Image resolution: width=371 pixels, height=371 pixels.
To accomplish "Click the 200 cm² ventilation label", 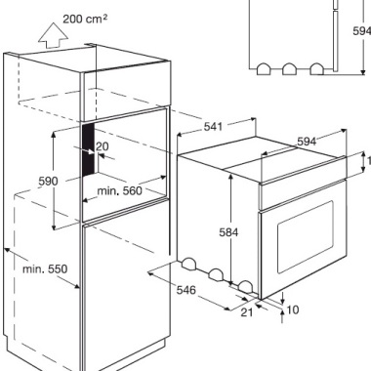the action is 85,19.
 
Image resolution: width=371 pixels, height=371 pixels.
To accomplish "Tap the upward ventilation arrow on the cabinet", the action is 53,35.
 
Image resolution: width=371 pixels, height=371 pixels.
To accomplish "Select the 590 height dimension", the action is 48,182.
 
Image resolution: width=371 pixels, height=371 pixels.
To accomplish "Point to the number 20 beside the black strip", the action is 103,146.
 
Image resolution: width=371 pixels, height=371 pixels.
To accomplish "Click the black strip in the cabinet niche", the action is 88,149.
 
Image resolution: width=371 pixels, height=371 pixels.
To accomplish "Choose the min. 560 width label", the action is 120,190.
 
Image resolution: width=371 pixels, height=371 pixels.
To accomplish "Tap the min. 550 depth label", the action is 45,268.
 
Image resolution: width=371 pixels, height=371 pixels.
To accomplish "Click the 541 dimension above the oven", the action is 214,126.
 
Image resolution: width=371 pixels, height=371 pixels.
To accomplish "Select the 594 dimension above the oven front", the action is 307,142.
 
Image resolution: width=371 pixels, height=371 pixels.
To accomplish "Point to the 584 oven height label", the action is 228,232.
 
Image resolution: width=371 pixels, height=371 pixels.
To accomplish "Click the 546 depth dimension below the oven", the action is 186,289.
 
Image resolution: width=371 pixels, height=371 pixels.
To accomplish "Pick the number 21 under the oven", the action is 247,312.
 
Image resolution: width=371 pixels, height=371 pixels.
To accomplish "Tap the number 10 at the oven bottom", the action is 293,309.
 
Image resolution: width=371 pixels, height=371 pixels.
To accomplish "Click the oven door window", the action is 306,237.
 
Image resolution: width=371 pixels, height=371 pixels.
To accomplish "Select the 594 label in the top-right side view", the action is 361,31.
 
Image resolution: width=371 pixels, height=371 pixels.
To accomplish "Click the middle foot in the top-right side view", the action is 289,69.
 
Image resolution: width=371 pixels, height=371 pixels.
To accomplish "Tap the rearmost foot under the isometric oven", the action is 188,264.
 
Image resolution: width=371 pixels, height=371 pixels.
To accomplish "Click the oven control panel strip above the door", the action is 303,194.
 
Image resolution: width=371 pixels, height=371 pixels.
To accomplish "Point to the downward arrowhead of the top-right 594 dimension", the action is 363,71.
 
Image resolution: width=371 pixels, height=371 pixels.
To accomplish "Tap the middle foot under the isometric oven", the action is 216,274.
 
